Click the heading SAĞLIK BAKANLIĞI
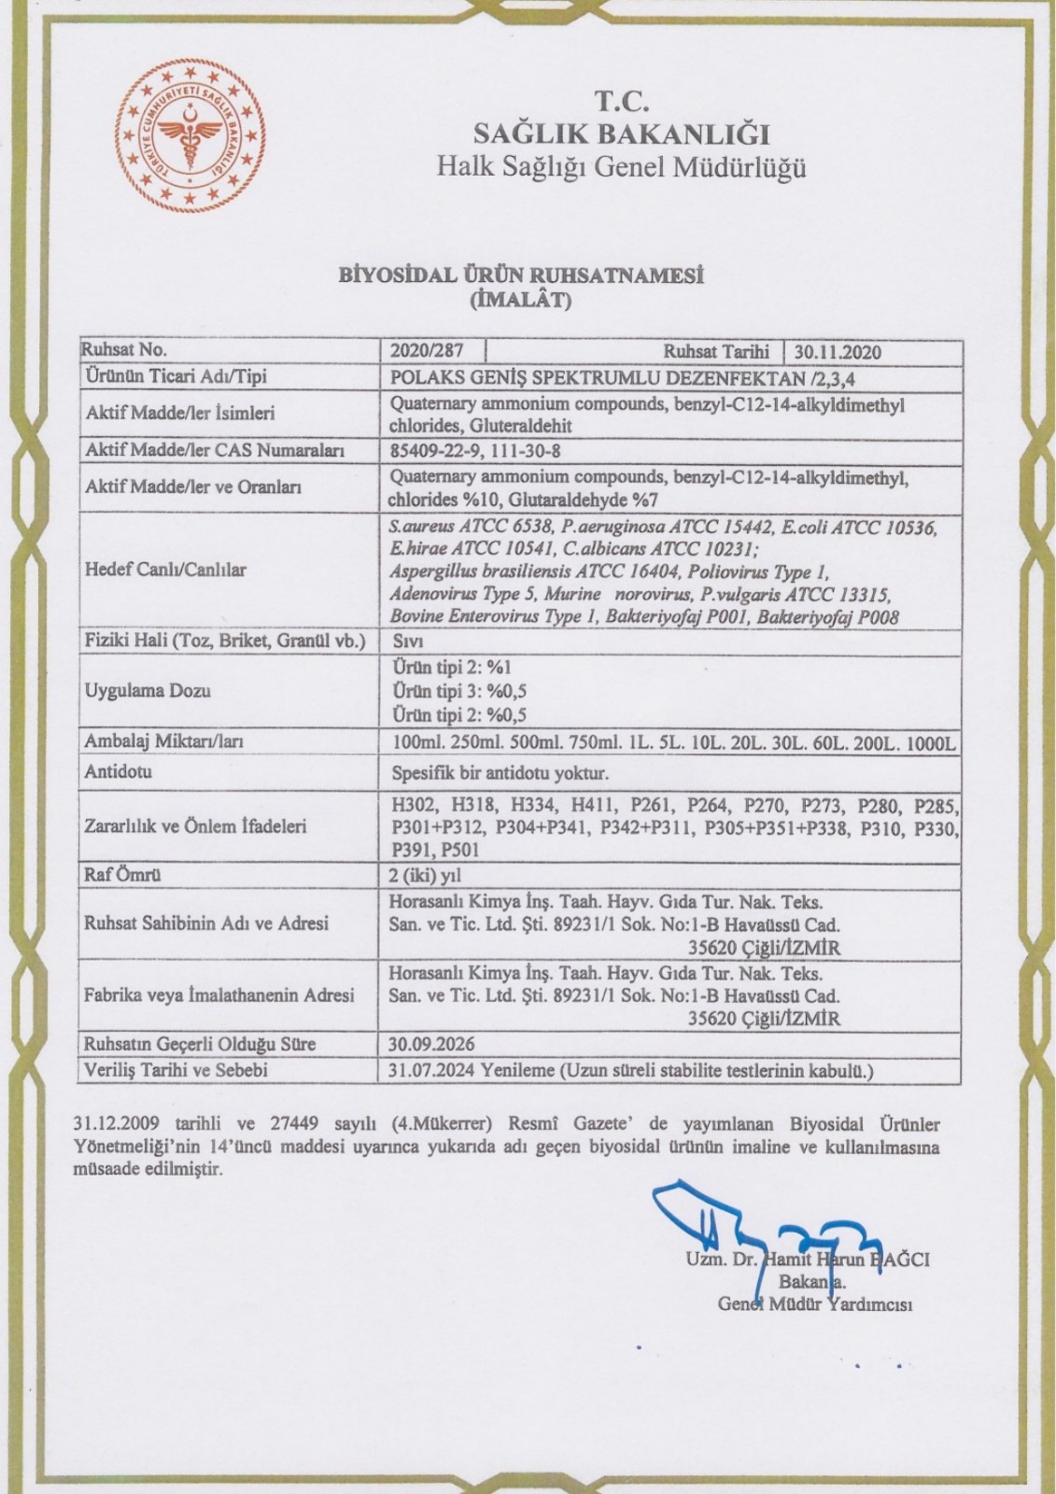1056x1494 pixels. click(621, 134)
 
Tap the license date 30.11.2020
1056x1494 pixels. click(838, 352)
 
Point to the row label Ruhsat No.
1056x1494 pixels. click(125, 350)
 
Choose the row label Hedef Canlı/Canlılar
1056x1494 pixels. click(165, 570)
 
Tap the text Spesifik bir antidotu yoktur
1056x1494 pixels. click(499, 774)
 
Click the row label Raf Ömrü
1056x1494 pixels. click(123, 876)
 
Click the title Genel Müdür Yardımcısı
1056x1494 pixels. click(814, 1304)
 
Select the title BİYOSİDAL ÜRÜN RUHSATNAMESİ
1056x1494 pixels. click(522, 277)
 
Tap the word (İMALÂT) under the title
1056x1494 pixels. click(522, 301)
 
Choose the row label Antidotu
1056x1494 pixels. click(118, 773)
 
